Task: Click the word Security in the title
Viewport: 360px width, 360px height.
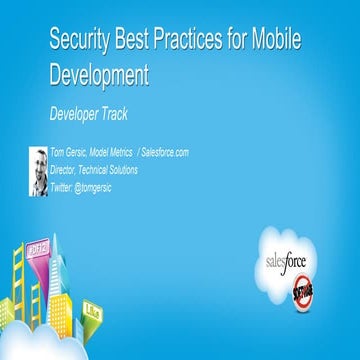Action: coord(83,41)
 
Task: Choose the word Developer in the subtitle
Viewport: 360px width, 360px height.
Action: coord(78,114)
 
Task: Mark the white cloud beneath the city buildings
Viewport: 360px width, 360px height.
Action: coord(60,345)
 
